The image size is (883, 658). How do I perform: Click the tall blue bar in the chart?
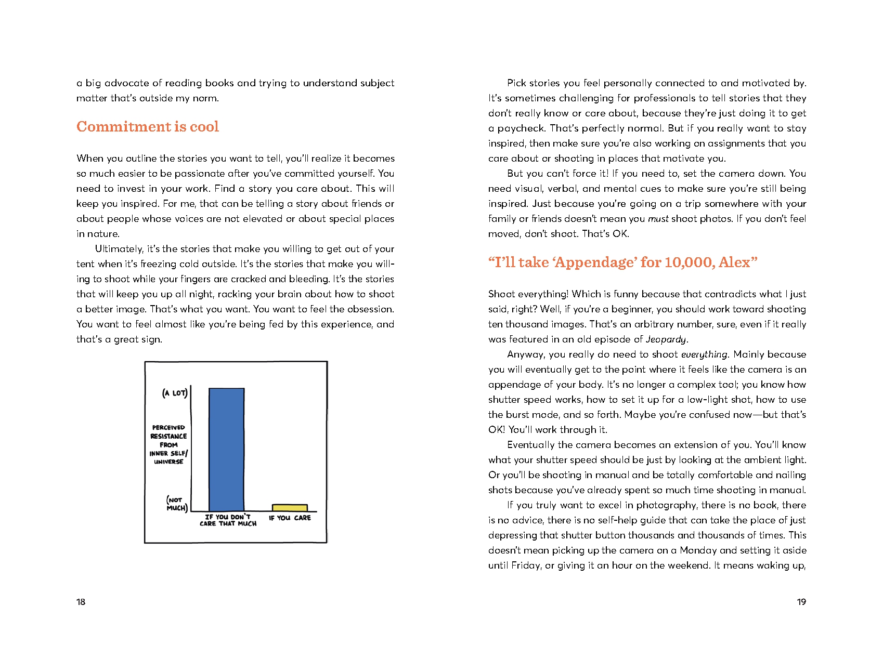coord(226,450)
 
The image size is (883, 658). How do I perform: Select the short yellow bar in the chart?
coord(290,508)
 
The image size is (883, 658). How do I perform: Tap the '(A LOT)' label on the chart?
coord(175,393)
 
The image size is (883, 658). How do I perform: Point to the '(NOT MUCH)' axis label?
coord(177,504)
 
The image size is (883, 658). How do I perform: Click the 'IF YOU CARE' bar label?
coord(290,518)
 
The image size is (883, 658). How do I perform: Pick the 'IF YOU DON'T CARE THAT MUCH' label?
coord(228,520)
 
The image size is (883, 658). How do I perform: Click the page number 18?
coord(81,602)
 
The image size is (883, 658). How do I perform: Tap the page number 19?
coord(801,602)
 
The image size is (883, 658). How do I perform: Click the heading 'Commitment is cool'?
coord(148,127)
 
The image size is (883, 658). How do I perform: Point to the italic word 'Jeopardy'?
coord(666,339)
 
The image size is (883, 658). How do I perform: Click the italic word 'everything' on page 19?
coord(704,354)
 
